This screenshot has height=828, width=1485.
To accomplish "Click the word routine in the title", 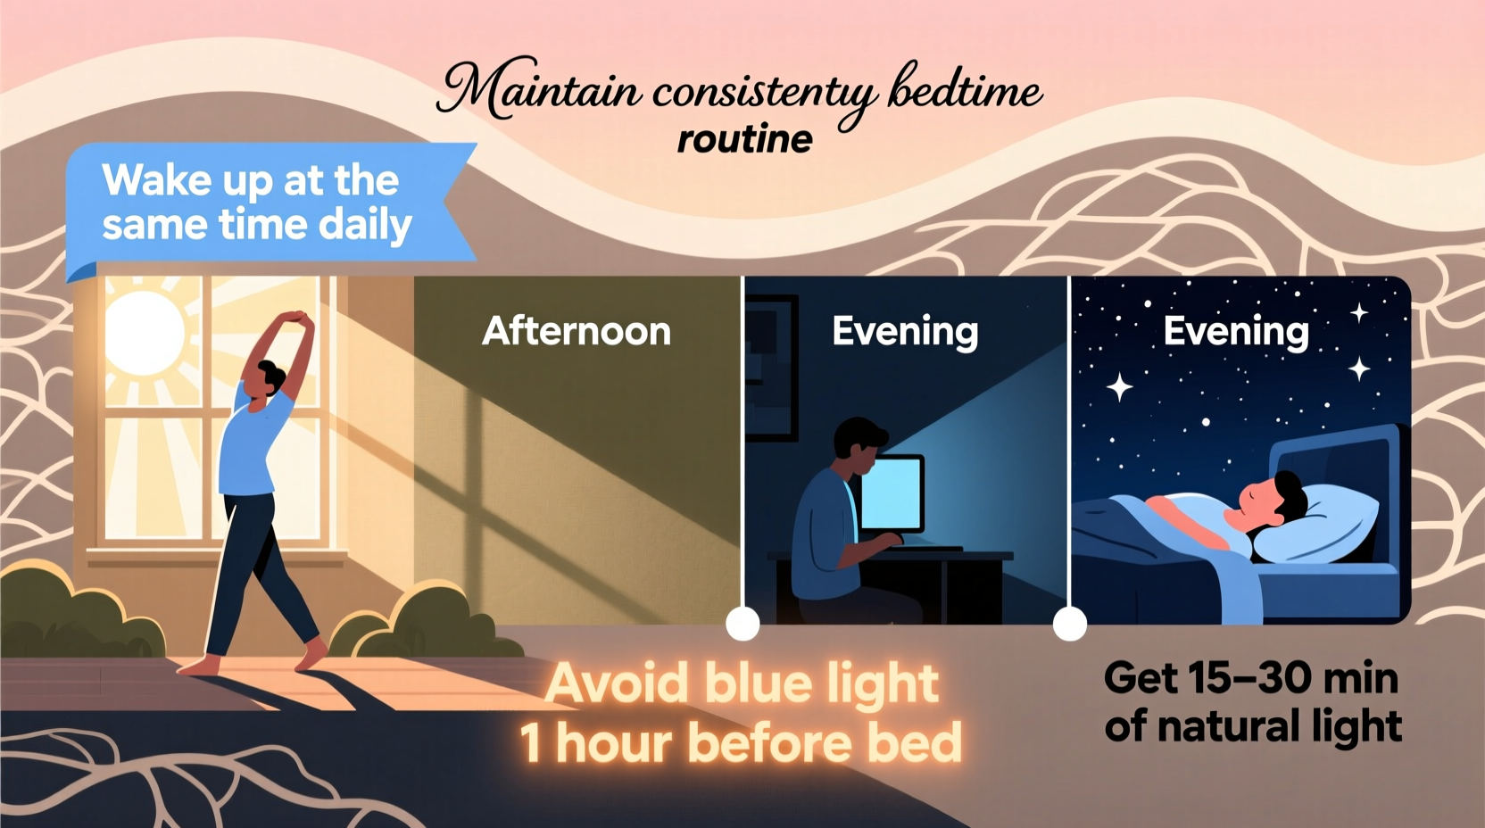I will tap(744, 140).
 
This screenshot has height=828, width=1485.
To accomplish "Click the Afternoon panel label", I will tap(577, 332).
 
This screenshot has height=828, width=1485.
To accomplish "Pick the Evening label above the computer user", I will tap(905, 332).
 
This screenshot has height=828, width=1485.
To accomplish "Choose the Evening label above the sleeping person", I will tap(1236, 332).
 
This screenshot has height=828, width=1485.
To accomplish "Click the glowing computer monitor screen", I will tap(892, 493).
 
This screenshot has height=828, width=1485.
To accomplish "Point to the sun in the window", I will tap(145, 332).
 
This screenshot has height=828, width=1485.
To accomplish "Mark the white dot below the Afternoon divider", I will tap(742, 624).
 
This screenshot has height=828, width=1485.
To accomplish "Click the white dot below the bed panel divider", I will tap(1069, 624).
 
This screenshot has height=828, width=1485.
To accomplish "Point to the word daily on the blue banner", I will tap(365, 225).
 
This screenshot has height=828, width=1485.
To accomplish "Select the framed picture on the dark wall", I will tap(769, 366).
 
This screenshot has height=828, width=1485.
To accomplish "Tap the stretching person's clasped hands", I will tap(297, 319).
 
